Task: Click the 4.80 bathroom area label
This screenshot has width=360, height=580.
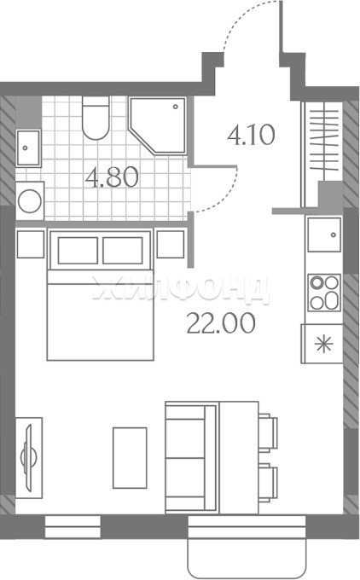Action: (112, 177)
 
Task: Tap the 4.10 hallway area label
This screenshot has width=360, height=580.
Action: (251, 135)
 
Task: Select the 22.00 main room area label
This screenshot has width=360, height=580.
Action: (221, 323)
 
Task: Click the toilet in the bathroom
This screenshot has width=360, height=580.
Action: (96, 118)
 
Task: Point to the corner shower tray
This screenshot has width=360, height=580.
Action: (158, 125)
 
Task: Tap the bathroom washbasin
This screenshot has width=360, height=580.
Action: (28, 148)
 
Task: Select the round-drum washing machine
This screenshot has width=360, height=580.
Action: (30, 201)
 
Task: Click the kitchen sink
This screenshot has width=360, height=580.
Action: (324, 235)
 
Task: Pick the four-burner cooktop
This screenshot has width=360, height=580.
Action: (324, 293)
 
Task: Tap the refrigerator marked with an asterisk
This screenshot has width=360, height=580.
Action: (322, 344)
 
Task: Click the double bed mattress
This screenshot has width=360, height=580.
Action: (101, 315)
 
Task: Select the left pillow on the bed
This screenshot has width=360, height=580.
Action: (78, 251)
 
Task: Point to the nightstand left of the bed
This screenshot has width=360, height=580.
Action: (31, 244)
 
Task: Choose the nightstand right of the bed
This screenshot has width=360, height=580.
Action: (171, 244)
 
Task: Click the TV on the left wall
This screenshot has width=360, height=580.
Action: (28, 458)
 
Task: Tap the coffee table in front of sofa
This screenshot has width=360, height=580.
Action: (130, 458)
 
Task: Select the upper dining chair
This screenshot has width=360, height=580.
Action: (268, 432)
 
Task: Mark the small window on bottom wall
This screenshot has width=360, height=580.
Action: (73, 527)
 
